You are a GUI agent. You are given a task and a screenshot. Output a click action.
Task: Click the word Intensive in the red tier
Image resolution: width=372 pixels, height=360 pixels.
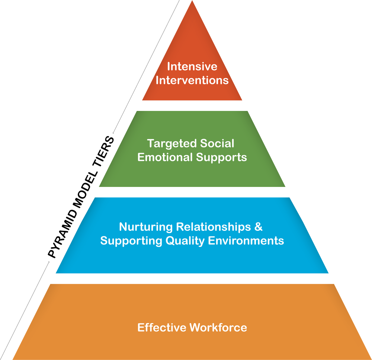tap(192, 67)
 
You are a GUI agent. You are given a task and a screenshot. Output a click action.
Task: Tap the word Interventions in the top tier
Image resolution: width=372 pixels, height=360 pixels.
tap(192, 80)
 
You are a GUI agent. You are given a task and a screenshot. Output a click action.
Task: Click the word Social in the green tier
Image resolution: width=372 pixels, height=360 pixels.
tap(218, 143)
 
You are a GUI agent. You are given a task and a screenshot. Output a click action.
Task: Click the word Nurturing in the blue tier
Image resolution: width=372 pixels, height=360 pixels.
tap(145, 227)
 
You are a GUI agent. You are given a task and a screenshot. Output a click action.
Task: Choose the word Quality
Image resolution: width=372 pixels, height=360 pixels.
tap(181, 241)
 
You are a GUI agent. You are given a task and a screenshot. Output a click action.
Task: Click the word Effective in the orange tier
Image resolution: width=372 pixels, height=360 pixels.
tap(162, 328)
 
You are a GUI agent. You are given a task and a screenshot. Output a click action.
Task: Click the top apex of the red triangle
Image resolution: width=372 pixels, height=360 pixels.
tap(192, 1)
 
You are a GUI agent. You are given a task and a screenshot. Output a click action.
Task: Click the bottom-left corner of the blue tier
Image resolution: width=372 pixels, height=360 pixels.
tap(56, 273)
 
